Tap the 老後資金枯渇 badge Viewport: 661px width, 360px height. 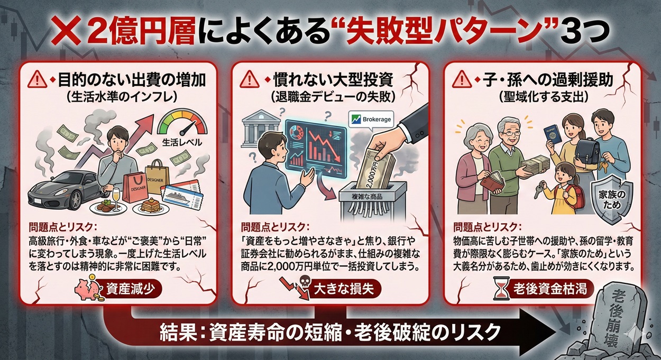[545, 290]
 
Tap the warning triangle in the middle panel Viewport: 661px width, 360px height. [249, 80]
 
